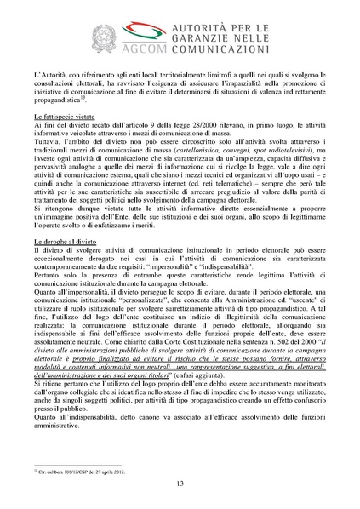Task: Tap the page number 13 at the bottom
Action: tap(180, 483)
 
